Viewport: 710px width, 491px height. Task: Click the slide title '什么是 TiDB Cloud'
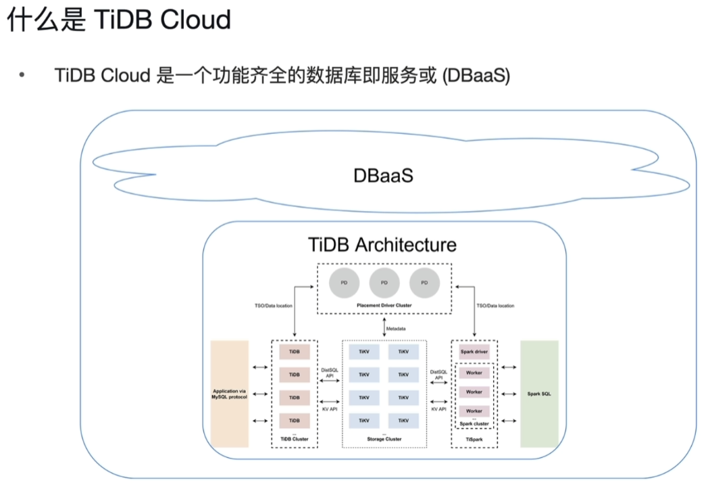[x=119, y=20]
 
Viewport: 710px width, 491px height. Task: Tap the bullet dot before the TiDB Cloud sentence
[x=22, y=75]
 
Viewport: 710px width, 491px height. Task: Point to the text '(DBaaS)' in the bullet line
[x=475, y=75]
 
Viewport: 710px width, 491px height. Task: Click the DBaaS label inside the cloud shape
[x=383, y=175]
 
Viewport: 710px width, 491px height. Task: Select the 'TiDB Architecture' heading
[x=382, y=244]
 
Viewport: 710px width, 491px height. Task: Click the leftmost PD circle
[x=344, y=282]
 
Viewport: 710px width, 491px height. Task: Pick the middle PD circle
[x=384, y=282]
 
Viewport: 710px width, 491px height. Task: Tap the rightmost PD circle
[x=424, y=282]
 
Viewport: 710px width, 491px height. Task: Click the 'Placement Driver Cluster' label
[x=384, y=306]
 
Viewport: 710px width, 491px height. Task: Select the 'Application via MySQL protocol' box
[x=230, y=394]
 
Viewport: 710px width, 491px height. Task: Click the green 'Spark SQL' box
[x=539, y=394]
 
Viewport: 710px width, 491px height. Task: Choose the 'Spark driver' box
[x=474, y=352]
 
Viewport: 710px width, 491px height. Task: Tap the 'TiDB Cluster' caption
[x=295, y=439]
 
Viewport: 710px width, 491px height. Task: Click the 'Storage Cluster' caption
[x=384, y=439]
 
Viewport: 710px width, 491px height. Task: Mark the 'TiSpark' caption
[x=474, y=439]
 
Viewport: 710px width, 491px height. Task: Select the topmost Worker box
[x=474, y=373]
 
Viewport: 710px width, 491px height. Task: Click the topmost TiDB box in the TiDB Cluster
[x=295, y=352]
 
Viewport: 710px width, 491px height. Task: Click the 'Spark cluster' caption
[x=474, y=423]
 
